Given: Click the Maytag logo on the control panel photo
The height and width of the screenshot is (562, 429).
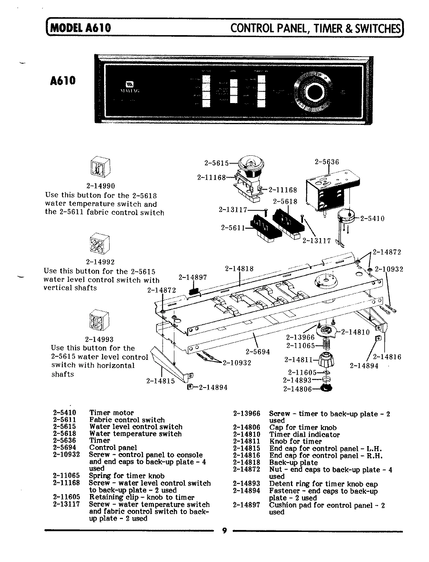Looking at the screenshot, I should click(x=129, y=84).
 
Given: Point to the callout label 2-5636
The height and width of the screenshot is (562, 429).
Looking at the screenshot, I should click(x=326, y=162).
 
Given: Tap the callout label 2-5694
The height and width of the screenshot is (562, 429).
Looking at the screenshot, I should click(x=257, y=351).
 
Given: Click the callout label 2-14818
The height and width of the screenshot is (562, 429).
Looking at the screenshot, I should click(x=239, y=268).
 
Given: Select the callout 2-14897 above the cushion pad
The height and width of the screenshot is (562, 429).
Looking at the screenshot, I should click(x=192, y=277).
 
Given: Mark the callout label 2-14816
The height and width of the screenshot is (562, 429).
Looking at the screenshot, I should click(x=387, y=356).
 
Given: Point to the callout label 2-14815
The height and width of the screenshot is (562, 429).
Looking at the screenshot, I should click(x=160, y=381).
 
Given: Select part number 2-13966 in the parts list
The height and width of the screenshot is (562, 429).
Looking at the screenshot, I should click(x=246, y=414).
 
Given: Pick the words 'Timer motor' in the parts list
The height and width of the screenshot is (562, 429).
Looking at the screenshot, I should click(x=111, y=413).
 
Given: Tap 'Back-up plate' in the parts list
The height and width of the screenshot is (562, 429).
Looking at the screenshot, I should click(x=293, y=462).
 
